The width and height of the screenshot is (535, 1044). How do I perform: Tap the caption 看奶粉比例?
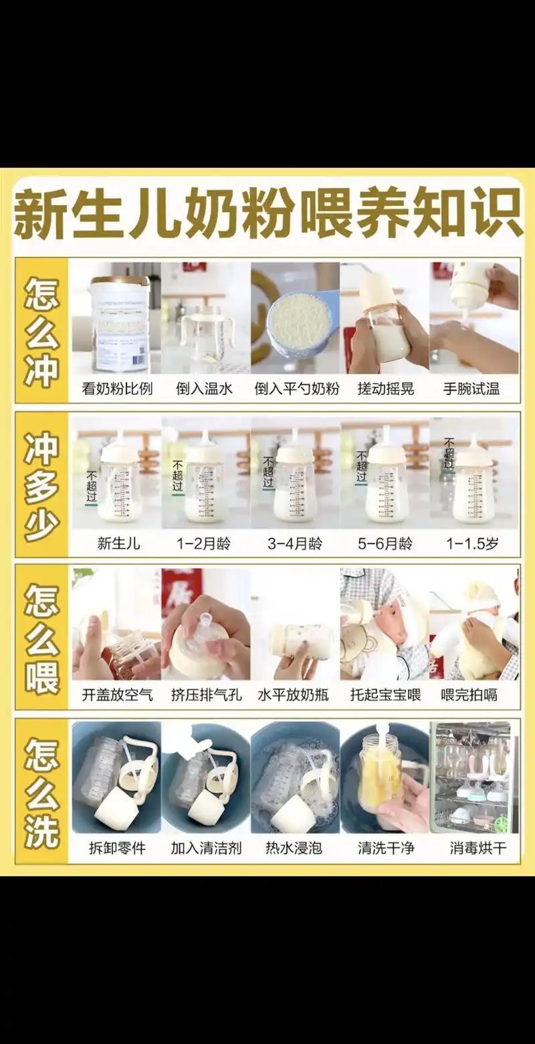[116, 389]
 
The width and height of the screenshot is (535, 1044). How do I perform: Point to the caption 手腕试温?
[471, 389]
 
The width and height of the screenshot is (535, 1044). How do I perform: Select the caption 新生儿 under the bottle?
[118, 543]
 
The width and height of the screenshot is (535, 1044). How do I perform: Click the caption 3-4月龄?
[295, 543]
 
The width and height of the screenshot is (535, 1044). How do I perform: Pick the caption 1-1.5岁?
[472, 543]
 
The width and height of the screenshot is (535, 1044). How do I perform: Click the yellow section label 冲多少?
[41, 486]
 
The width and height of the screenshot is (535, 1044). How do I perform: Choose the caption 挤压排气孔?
[205, 695]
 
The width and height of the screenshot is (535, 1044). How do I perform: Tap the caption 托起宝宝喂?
[385, 695]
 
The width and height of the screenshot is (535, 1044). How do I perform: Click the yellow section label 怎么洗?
[41, 793]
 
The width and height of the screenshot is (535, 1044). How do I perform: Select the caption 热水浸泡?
[294, 848]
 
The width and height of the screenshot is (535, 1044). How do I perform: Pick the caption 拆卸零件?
[118, 848]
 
